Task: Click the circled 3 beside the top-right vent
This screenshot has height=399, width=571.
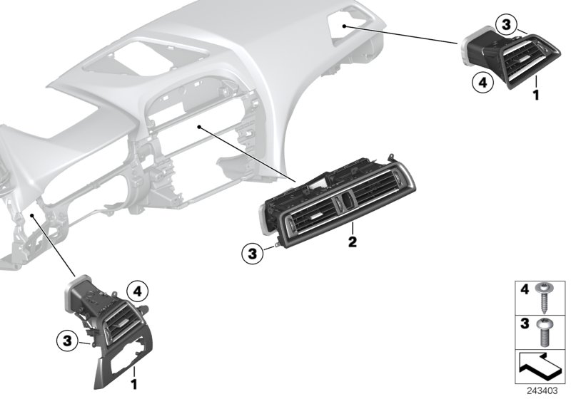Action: (x=506, y=25)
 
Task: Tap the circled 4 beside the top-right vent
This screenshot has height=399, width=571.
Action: (x=482, y=83)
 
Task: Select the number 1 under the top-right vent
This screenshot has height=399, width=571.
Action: (x=536, y=95)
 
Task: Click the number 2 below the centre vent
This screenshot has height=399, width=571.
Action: (x=352, y=242)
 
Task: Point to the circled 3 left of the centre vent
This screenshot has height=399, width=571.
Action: (x=253, y=254)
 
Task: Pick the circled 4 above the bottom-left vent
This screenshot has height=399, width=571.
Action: (x=138, y=291)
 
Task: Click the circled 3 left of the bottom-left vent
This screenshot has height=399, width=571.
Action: (x=67, y=341)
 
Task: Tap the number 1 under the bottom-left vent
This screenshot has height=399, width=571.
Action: (x=134, y=385)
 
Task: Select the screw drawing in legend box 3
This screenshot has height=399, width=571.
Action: (x=543, y=332)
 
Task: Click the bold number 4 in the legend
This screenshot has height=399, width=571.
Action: (x=525, y=289)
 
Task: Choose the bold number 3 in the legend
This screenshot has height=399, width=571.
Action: (x=525, y=323)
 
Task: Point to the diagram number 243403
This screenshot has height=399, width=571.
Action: (x=542, y=391)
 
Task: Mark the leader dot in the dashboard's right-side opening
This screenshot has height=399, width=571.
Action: (x=344, y=26)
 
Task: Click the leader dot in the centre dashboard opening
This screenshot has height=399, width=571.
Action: (x=199, y=127)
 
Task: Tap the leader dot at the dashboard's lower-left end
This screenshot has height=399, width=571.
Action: (x=32, y=215)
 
